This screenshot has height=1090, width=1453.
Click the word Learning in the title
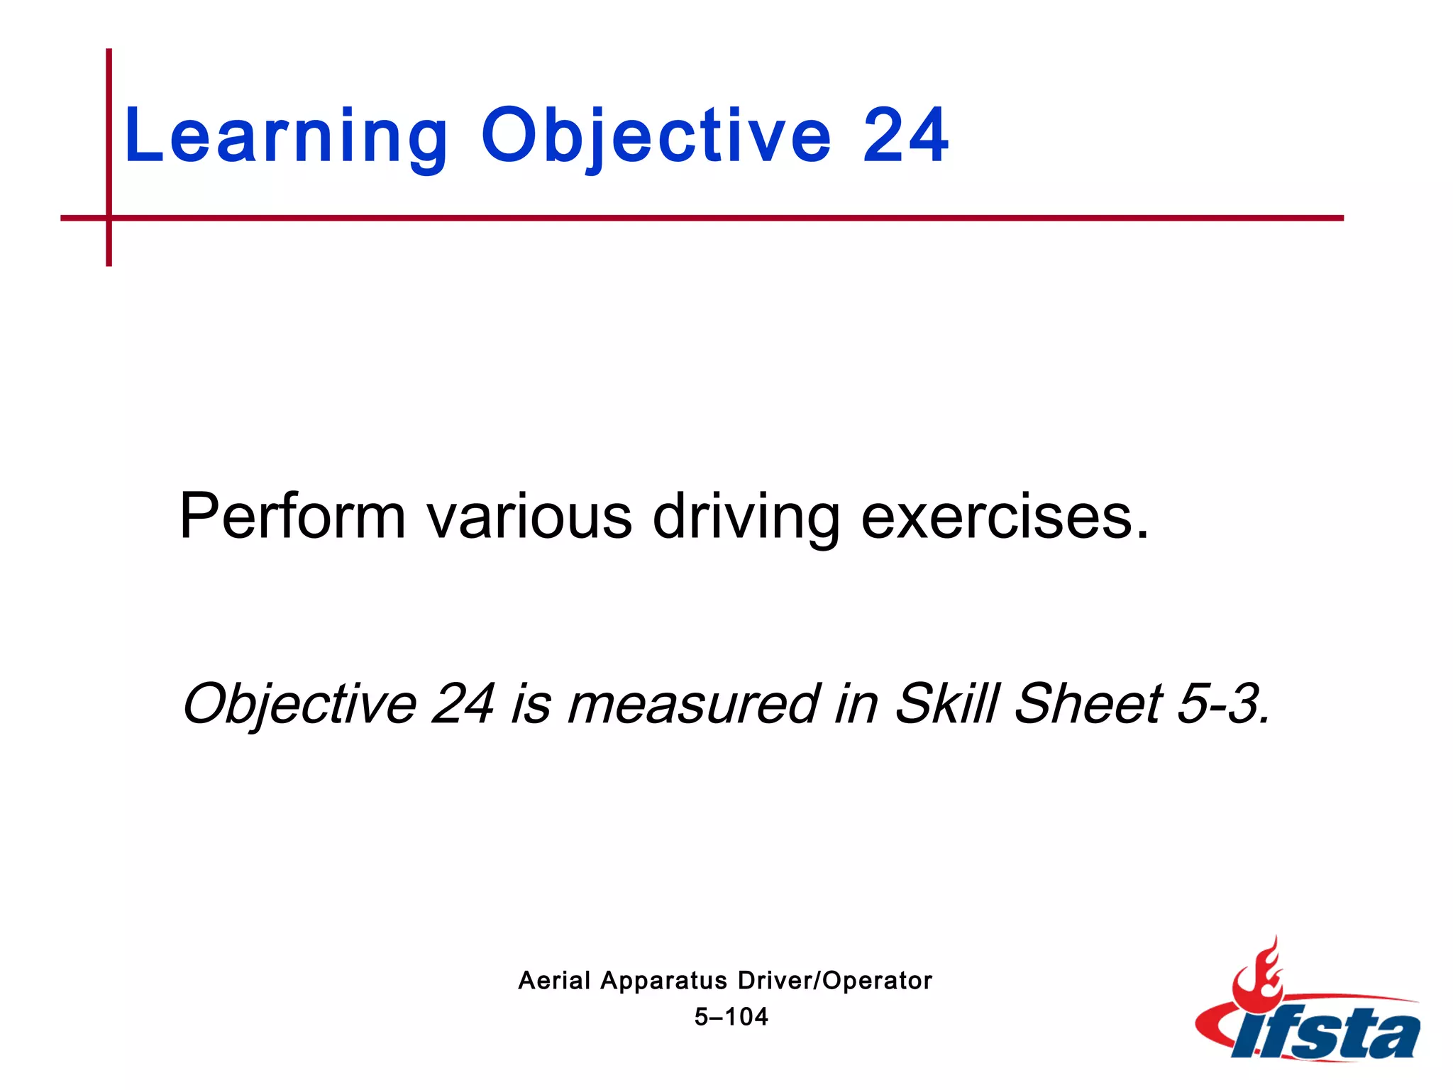(x=286, y=137)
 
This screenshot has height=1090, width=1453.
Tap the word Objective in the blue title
(x=656, y=137)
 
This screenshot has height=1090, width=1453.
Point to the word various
(x=529, y=516)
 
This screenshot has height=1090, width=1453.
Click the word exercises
(x=1003, y=516)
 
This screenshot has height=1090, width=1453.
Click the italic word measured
(x=693, y=704)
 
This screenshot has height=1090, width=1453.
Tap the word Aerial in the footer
(x=554, y=981)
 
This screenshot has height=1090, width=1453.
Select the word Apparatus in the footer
(x=663, y=981)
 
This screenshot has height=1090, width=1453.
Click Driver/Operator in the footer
(x=835, y=981)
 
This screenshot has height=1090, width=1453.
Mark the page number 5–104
(x=731, y=1017)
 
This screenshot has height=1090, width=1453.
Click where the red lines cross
(x=109, y=218)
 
